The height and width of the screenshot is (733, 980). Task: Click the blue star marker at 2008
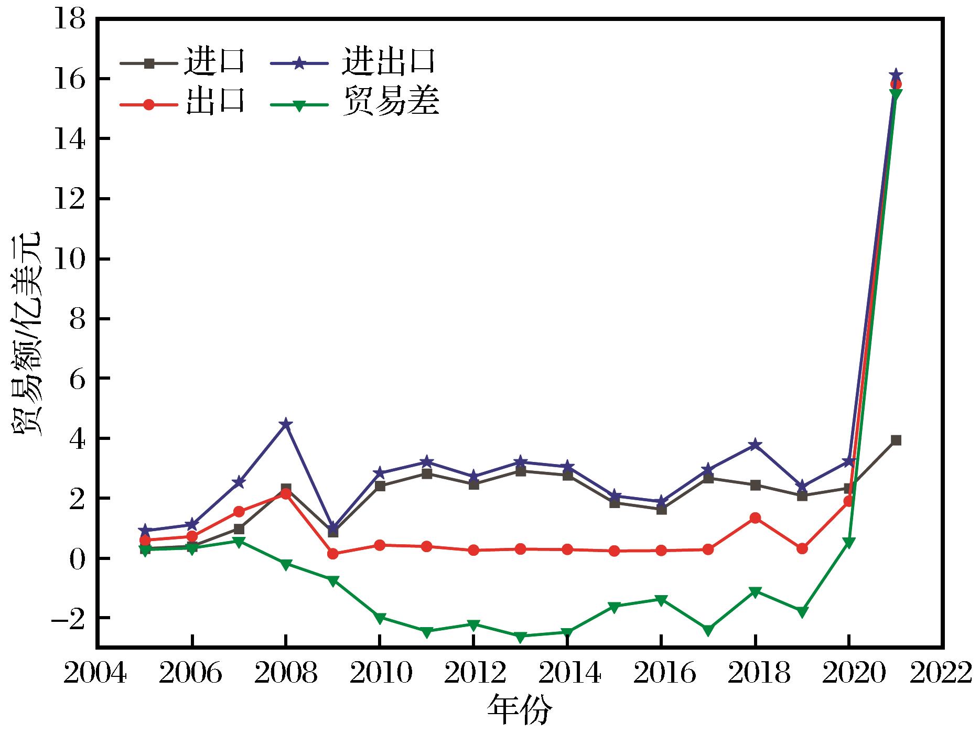pos(286,424)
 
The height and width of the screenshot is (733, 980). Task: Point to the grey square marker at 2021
pos(896,440)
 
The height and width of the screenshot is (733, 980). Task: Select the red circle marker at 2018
pos(755,518)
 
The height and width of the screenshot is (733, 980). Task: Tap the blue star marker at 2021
pos(896,74)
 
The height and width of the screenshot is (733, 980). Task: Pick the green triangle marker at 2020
pos(849,543)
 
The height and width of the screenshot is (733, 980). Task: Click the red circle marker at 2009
pos(332,554)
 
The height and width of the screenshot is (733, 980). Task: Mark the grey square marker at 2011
pos(427,474)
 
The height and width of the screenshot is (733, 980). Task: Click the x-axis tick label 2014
pos(567,675)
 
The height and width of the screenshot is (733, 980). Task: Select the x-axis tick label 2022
pos(944,675)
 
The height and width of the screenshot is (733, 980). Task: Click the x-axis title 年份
pos(520,710)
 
